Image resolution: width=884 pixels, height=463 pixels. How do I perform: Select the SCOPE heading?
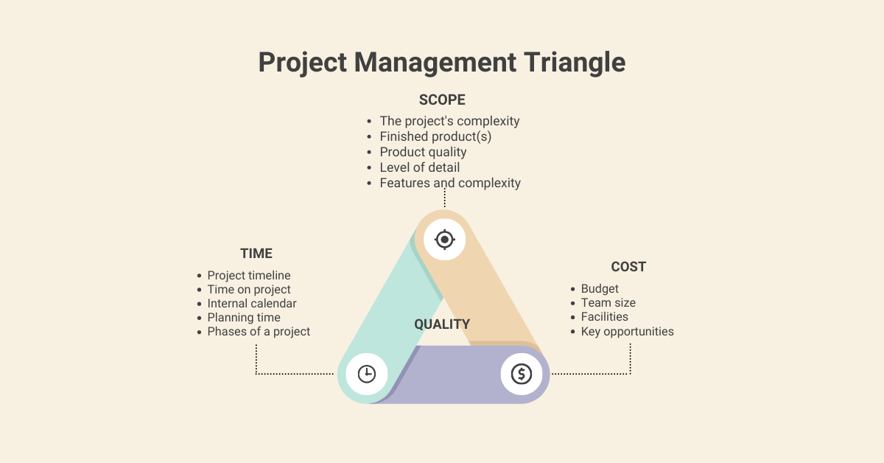442,100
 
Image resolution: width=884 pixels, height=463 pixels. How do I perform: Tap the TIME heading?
256,254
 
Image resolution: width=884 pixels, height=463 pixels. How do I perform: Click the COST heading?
628,267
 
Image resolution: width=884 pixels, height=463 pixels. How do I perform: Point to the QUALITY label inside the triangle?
442,324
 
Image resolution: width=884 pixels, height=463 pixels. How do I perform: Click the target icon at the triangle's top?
444,240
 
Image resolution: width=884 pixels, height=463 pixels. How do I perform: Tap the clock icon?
366,374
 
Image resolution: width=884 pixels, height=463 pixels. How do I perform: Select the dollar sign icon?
522,374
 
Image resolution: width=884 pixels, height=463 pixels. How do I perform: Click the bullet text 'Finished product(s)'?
435,136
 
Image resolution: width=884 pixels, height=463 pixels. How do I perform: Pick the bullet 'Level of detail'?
419,167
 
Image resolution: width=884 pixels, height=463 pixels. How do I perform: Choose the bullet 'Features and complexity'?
450,183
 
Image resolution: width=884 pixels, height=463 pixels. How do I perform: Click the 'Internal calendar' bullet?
252,304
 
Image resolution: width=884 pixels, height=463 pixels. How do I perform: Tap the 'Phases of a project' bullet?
259,332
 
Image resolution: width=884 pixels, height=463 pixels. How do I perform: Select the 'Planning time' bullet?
244,318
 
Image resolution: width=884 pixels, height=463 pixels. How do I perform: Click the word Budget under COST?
600,289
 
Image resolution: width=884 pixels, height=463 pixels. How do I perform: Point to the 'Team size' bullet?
608,303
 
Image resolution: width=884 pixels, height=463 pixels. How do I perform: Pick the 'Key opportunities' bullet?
627,332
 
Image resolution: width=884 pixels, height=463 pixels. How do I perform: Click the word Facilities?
604,317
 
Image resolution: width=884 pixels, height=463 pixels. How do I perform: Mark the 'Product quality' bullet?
423,152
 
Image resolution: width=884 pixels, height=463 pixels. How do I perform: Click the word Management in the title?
438,63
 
